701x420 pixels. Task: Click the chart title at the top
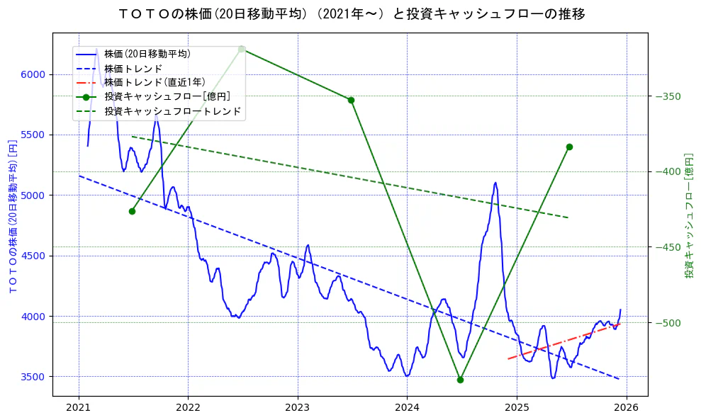point(350,13)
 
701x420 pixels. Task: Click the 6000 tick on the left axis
point(33,74)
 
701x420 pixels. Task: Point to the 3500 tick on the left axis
point(33,376)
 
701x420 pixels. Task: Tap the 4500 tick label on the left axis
point(33,256)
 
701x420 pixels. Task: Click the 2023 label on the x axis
point(297,407)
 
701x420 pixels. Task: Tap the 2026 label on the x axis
point(626,407)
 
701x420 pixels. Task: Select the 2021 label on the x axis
point(78,407)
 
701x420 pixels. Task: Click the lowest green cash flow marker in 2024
point(460,380)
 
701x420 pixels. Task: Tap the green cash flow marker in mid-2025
point(569,147)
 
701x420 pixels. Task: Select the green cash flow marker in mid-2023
point(351,100)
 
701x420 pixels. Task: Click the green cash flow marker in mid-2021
point(132,211)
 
